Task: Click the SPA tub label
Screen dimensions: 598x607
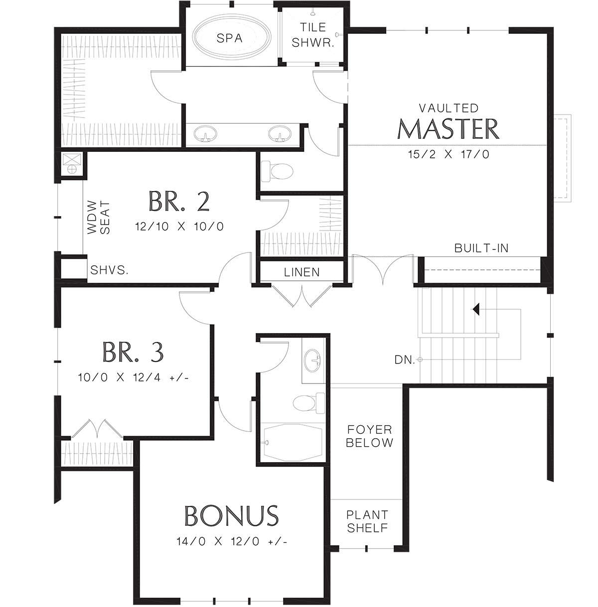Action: [230, 38]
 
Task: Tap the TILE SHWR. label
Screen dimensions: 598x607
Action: [313, 35]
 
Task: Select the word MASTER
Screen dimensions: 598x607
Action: [448, 129]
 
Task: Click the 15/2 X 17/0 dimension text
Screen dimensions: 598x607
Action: [448, 154]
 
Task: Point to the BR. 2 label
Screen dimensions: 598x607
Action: [179, 202]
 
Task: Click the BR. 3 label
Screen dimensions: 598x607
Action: [133, 352]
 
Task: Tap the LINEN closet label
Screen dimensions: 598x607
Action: [301, 272]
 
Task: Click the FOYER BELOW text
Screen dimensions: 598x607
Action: [369, 436]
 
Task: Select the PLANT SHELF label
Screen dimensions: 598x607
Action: [367, 521]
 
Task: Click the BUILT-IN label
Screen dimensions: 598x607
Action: [481, 248]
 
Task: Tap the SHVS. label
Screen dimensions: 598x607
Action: [110, 270]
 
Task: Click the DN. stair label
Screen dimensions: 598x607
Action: [405, 360]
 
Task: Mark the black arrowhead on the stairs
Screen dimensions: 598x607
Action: [476, 309]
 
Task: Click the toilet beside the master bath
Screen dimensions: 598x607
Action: [278, 171]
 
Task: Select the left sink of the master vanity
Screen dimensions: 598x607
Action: [205, 134]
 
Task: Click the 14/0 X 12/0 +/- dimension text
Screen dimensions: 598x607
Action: [232, 541]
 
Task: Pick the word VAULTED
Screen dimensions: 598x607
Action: [448, 108]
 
